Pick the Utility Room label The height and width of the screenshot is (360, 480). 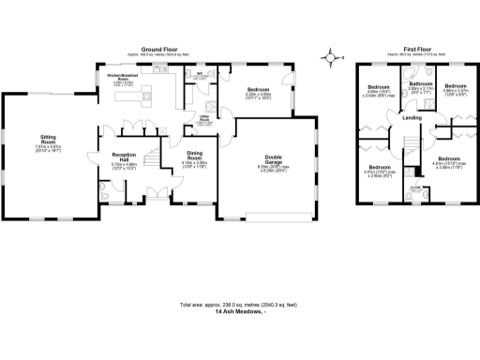[x=204, y=121]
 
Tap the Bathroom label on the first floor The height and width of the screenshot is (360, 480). [x=420, y=84]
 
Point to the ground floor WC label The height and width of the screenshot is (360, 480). [x=200, y=75]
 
